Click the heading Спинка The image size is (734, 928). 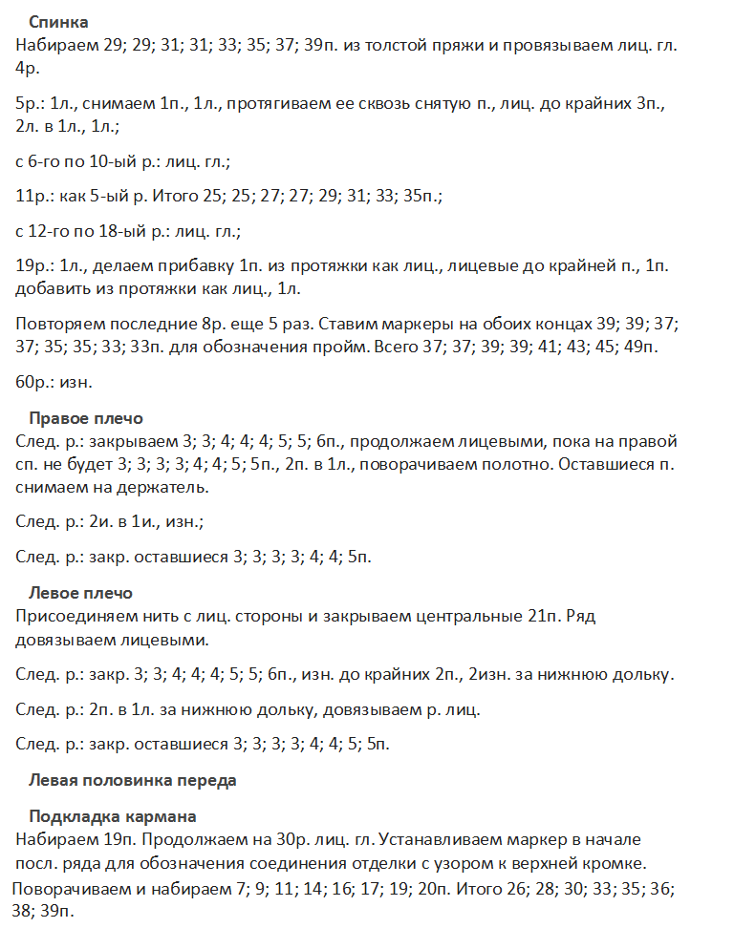click(59, 21)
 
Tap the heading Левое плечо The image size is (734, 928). click(80, 593)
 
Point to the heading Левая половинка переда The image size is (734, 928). click(132, 780)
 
